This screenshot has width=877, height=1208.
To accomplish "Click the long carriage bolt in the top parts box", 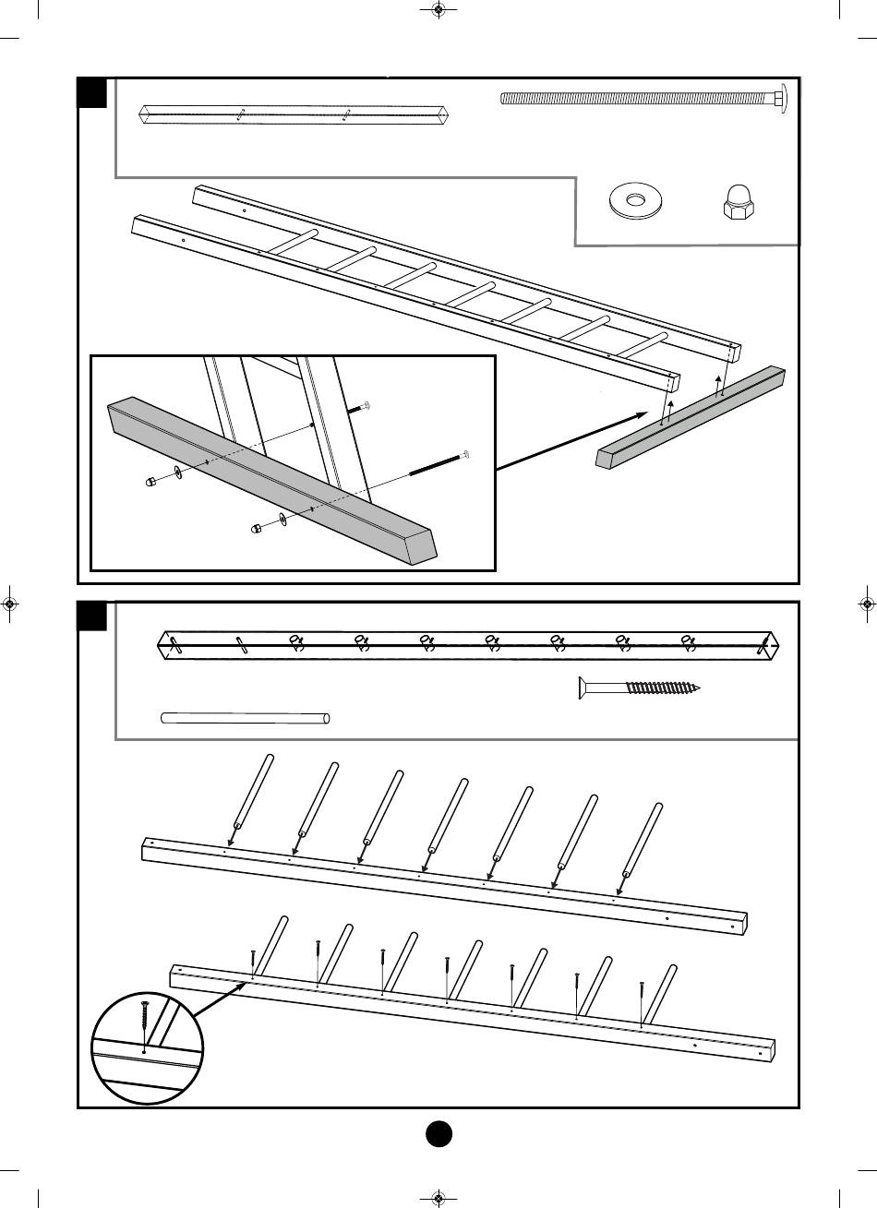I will pyautogui.click(x=637, y=98).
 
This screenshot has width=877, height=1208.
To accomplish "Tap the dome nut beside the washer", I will pyautogui.click(x=739, y=202).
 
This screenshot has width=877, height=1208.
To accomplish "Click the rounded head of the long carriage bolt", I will pyautogui.click(x=778, y=98).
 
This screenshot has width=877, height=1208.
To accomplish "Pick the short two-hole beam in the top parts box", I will pyautogui.click(x=293, y=115).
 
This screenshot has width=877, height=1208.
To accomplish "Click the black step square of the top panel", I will pyautogui.click(x=92, y=93).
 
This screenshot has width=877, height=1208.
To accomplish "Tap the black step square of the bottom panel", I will pyautogui.click(x=92, y=616).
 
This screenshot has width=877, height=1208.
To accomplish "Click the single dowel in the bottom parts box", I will pyautogui.click(x=245, y=718).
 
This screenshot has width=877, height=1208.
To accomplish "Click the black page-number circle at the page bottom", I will pyautogui.click(x=438, y=1132).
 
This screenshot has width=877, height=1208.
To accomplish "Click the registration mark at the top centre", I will pyautogui.click(x=438, y=11).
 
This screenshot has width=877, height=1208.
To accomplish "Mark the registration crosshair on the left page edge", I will pyautogui.click(x=9, y=604).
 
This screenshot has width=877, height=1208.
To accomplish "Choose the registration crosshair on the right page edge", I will pyautogui.click(x=866, y=604).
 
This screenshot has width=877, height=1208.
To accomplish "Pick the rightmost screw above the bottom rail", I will pyautogui.click(x=642, y=1001).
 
